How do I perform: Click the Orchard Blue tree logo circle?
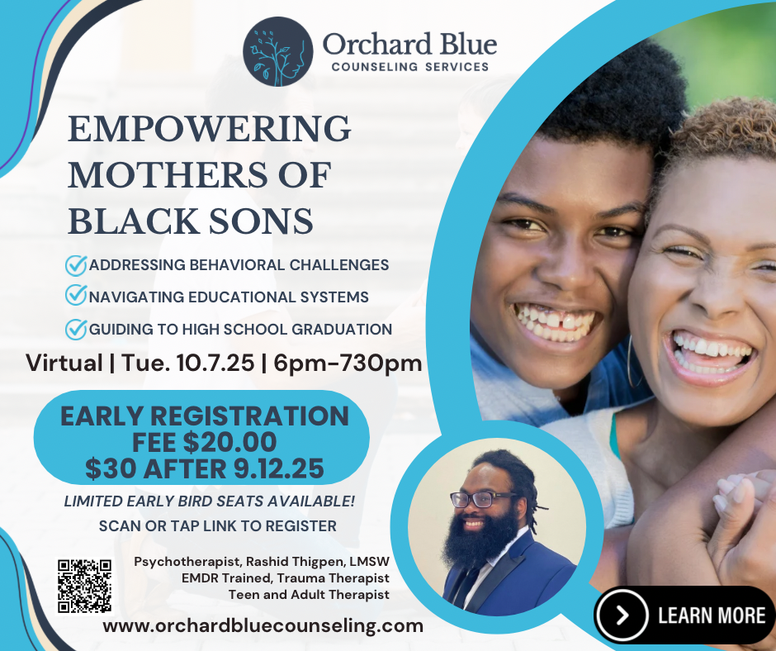tap(277, 51)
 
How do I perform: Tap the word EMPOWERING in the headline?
tap(210, 129)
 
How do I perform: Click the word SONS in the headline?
tap(260, 221)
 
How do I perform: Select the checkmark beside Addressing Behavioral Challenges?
tap(76, 265)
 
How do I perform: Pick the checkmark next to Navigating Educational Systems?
tap(76, 295)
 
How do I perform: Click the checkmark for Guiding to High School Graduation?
tap(76, 329)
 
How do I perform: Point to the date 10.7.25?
tap(215, 364)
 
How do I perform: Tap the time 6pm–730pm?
tap(348, 364)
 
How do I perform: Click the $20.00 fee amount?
tap(229, 443)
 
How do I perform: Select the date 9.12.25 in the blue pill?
tap(279, 468)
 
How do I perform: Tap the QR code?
tap(84, 586)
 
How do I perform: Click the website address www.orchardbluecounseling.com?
tap(263, 625)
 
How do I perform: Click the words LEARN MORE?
tap(712, 615)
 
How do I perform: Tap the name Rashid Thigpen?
tap(296, 562)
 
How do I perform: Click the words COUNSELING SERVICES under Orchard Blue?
tap(410, 67)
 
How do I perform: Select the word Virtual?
tap(64, 364)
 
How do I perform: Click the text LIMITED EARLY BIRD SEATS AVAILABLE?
tap(210, 501)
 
